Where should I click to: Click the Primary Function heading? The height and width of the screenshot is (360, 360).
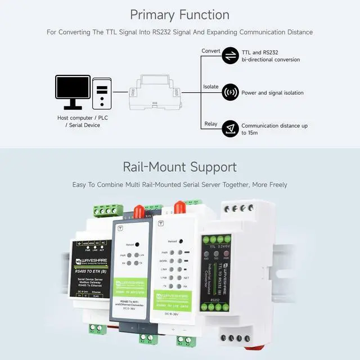point(180,15)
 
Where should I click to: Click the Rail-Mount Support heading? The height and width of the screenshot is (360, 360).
point(180,167)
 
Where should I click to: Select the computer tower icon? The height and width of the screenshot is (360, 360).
point(101,93)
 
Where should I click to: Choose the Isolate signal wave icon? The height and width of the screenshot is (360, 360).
point(230,92)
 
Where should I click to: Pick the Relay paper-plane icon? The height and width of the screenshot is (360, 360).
point(230,129)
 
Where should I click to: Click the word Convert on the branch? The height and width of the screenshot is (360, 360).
point(211,51)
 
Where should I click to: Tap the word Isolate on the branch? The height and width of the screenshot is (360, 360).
point(210,87)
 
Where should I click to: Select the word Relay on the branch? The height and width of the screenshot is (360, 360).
point(210,124)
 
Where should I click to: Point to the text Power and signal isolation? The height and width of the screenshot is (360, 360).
point(272,93)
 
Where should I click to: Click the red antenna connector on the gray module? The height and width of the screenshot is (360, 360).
point(137,212)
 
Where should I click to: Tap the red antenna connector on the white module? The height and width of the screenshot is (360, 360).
point(180,207)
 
